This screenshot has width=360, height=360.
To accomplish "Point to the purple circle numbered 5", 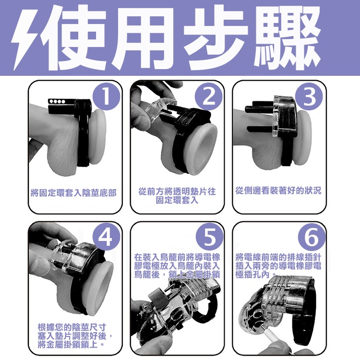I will coord(209,236).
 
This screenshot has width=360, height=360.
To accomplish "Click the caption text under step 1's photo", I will coord(73,192).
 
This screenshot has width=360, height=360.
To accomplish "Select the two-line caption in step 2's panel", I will coord(177,195).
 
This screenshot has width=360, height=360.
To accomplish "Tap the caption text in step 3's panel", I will coord(278,191).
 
